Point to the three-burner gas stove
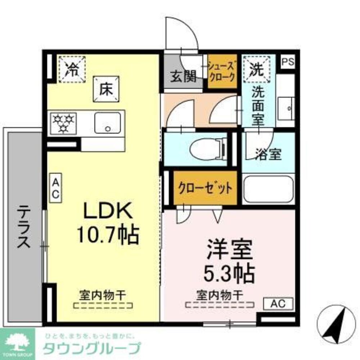(x=64, y=122)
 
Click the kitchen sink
(x=108, y=122)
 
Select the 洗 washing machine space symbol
(x=258, y=68)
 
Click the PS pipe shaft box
(x=288, y=62)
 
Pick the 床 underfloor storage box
(x=107, y=89)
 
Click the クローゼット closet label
(x=205, y=188)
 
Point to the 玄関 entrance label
(x=183, y=77)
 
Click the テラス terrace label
(x=24, y=227)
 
